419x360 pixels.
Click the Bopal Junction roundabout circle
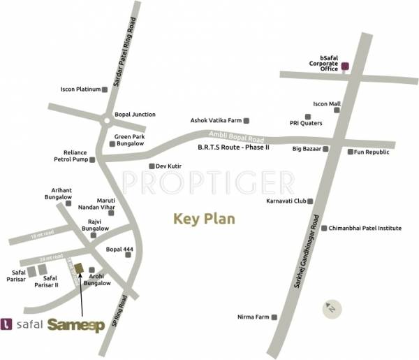(x=105, y=120)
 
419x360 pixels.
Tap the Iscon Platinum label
(x=80, y=89)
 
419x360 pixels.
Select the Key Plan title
(x=204, y=219)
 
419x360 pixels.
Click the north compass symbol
(x=332, y=307)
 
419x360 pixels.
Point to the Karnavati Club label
(x=286, y=201)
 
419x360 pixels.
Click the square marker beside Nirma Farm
(x=274, y=317)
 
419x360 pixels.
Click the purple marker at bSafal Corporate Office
(x=344, y=68)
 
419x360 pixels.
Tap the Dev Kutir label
(x=168, y=166)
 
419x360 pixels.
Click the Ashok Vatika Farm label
(x=215, y=120)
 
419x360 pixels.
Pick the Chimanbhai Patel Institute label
(x=365, y=228)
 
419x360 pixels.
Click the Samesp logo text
(x=78, y=325)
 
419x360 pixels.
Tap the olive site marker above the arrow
(x=80, y=268)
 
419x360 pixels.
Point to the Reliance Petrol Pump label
(x=74, y=155)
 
